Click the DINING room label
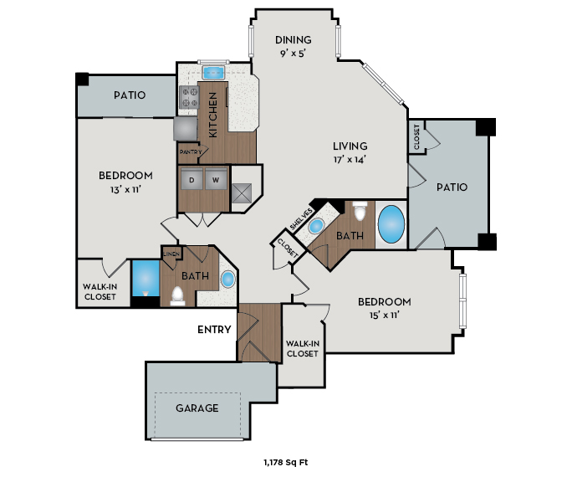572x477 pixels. pyautogui.click(x=293, y=39)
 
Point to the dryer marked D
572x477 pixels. pyautogui.click(x=192, y=180)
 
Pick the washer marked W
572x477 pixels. pyautogui.click(x=215, y=180)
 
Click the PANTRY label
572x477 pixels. pyautogui.click(x=189, y=152)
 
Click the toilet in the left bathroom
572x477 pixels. pyautogui.click(x=177, y=295)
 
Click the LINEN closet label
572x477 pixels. pyautogui.click(x=171, y=254)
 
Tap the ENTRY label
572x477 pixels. pyautogui.click(x=214, y=330)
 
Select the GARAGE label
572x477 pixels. pyautogui.click(x=197, y=408)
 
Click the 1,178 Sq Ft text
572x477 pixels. pyautogui.click(x=286, y=461)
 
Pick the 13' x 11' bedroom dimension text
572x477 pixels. pyautogui.click(x=125, y=189)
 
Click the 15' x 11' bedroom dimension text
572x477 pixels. pyautogui.click(x=384, y=315)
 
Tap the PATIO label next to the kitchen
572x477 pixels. pyautogui.click(x=130, y=95)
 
